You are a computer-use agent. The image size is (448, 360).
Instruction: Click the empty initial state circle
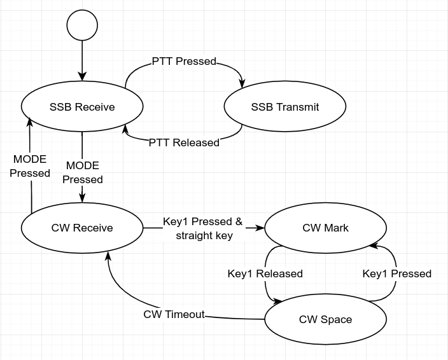click(x=82, y=25)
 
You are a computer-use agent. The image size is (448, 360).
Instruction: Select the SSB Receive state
click(x=82, y=107)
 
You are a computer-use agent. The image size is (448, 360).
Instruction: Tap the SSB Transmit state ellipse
click(x=284, y=107)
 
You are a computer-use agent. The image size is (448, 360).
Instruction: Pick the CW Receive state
click(x=82, y=228)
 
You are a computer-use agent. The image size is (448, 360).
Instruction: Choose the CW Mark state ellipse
click(x=325, y=228)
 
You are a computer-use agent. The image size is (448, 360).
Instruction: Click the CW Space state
click(x=325, y=319)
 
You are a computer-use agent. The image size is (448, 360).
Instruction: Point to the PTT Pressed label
click(x=184, y=62)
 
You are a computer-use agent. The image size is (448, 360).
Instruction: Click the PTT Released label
click(x=184, y=142)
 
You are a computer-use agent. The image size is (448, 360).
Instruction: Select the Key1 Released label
click(x=265, y=273)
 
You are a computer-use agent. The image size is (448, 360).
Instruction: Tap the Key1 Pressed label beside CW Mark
click(x=397, y=273)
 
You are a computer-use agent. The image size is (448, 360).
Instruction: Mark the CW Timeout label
click(x=174, y=314)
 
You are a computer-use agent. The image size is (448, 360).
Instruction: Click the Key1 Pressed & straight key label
click(x=203, y=229)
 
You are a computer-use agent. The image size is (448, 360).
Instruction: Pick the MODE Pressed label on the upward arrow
click(x=30, y=166)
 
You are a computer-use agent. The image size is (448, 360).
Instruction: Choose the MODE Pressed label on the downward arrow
click(x=83, y=172)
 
